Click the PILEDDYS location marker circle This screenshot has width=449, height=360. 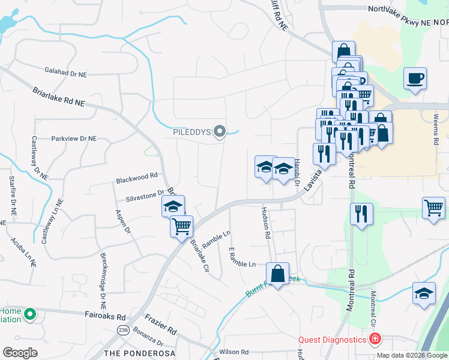tap(220, 131)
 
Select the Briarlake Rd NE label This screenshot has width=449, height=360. tap(58, 97)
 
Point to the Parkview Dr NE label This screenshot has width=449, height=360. tap(74, 138)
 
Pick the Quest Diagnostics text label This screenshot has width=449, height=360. tap(333, 340)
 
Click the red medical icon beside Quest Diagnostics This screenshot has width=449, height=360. tap(375, 340)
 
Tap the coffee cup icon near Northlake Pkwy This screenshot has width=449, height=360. tap(415, 78)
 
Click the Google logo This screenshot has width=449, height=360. tap(20, 352)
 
